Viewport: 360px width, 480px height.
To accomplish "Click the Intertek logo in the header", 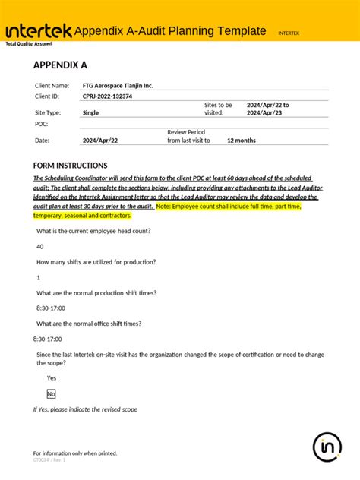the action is click(x=38, y=30).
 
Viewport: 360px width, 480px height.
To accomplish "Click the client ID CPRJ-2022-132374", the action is click(x=107, y=96).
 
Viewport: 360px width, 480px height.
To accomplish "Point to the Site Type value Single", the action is click(x=90, y=112).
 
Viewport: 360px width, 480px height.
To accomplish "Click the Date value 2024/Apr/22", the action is click(x=99, y=141).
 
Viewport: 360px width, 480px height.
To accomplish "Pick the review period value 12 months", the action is click(x=242, y=141).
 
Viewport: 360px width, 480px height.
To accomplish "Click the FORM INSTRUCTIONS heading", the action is click(x=71, y=166).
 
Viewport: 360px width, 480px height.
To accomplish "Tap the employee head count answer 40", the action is click(x=40, y=246).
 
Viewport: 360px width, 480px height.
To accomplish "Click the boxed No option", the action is click(x=52, y=393).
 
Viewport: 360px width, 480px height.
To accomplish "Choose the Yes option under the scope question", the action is click(x=52, y=377).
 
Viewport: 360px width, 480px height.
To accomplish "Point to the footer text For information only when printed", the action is click(x=75, y=453).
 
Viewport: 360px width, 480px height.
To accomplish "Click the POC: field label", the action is click(x=42, y=123).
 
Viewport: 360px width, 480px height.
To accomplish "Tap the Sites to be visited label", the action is click(x=219, y=109).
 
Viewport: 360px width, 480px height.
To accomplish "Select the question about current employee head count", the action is click(x=93, y=231).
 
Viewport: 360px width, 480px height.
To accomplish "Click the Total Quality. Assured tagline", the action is click(x=29, y=44).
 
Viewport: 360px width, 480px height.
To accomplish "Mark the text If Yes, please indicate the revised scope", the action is click(x=85, y=409).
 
